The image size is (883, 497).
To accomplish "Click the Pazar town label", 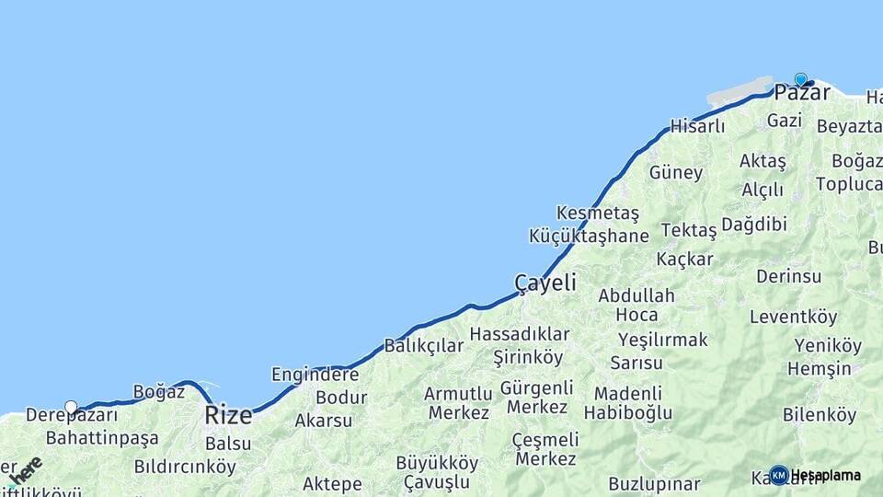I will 802,93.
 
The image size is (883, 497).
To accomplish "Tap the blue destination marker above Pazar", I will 800,80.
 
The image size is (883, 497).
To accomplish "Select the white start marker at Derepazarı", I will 71,407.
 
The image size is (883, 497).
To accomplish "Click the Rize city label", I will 228,415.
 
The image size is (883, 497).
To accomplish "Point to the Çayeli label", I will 545,283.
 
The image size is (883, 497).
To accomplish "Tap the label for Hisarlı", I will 698,126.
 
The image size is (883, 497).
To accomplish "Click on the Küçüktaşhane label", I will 589,236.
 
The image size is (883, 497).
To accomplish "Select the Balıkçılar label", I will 424,346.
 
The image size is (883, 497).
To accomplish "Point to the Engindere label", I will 315,375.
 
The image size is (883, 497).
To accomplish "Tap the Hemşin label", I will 819,368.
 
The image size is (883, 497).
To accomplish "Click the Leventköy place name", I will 793,318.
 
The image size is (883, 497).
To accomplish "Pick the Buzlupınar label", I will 654,483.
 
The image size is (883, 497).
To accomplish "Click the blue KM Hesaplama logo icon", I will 779,475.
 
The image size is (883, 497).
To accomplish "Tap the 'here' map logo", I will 26,470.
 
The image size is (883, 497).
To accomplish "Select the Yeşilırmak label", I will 662,340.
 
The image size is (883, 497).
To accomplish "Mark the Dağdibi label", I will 753,225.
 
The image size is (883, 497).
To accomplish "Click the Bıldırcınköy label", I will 184,466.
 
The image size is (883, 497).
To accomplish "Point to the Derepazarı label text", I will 72,416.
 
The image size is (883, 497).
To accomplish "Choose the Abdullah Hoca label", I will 636,305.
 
